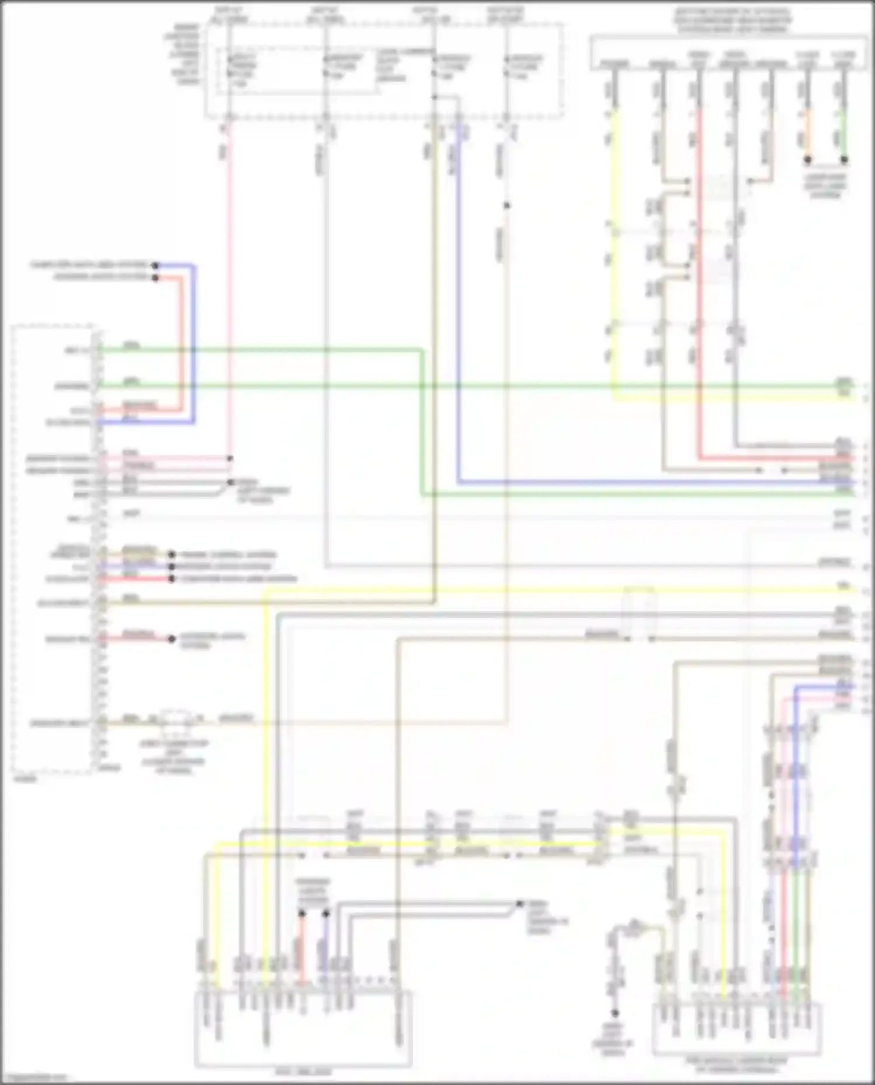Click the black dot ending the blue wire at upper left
coord(155,266)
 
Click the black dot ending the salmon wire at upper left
coord(155,278)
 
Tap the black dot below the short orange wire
coord(808,159)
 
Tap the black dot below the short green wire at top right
coord(844,159)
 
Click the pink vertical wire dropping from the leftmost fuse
coord(229,292)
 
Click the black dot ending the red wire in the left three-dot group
coord(171,579)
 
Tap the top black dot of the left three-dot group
coord(171,554)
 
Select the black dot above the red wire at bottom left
coord(302,914)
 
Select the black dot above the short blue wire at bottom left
coord(325,914)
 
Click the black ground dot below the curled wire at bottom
coord(614,1013)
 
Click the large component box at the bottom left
coord(303,1029)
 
